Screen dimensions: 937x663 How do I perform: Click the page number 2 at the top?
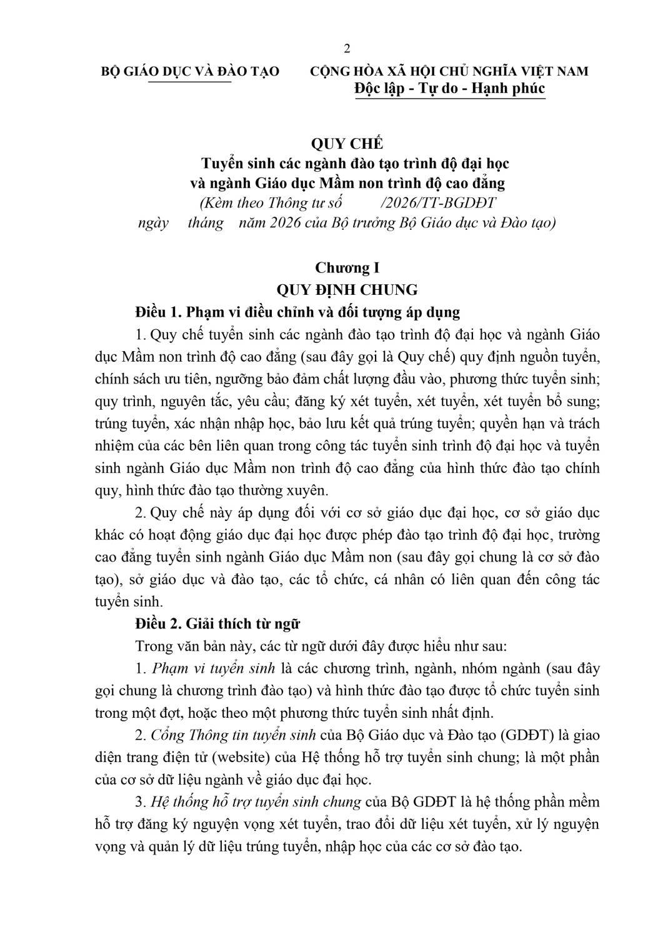[x=347, y=49]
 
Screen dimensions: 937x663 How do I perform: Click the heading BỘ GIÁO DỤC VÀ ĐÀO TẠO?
[x=190, y=71]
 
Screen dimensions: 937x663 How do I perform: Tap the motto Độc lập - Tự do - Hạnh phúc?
[x=449, y=88]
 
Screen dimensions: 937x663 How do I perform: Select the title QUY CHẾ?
[x=347, y=143]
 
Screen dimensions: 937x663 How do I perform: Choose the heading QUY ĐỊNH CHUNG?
[x=347, y=290]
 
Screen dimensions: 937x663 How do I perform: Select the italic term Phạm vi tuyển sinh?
[x=214, y=668]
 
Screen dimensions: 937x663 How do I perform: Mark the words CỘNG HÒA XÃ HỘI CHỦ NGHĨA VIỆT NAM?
[x=449, y=71]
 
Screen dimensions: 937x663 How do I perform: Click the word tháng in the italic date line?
[x=206, y=223]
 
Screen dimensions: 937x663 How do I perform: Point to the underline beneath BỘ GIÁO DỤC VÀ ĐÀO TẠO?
[x=190, y=81]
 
